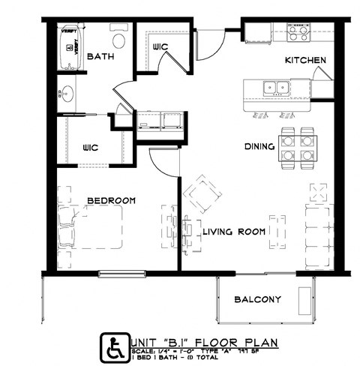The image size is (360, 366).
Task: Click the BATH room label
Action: click(100, 57)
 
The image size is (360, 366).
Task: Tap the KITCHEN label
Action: click(304, 59)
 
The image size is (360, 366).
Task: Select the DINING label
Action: click(259, 147)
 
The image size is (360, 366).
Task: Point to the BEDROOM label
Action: click(111, 200)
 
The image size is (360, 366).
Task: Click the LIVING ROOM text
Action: click(234, 232)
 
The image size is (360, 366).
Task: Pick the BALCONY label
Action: click(257, 300)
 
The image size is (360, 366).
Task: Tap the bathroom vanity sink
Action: click(66, 95)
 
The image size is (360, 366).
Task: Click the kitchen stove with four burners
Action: click(298, 32)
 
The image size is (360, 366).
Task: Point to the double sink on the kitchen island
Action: click(273, 88)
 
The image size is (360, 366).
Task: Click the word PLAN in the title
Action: click(260, 343)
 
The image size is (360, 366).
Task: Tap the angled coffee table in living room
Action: click(203, 194)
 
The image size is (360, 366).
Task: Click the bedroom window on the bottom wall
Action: click(120, 273)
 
